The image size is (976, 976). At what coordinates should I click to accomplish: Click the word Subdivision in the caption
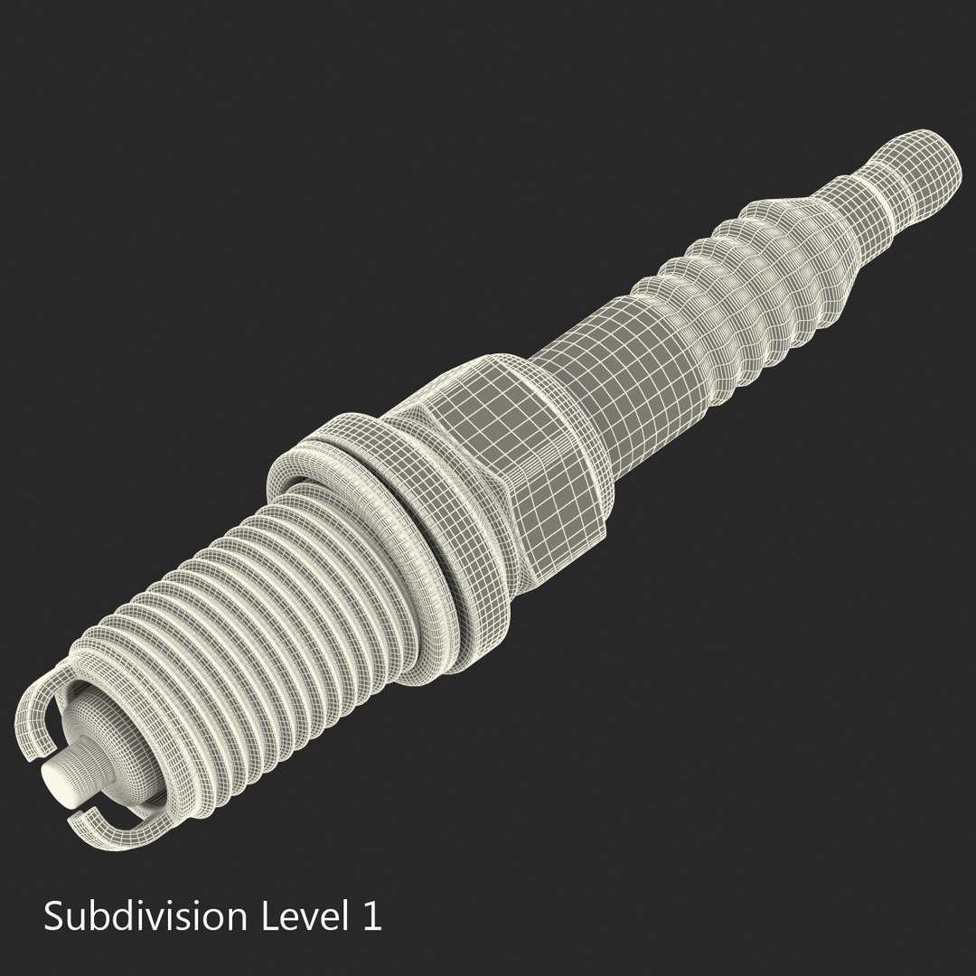coord(145,916)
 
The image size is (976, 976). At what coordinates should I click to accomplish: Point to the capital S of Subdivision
coord(54,915)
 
